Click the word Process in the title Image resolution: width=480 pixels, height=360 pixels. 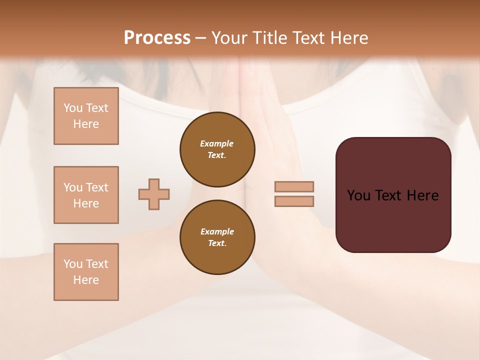tap(157, 37)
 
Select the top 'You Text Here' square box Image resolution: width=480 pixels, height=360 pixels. tap(86, 116)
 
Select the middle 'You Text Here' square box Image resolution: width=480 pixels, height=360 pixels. tap(86, 195)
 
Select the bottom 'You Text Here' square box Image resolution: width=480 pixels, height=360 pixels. tap(86, 272)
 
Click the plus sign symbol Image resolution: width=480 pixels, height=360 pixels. tap(154, 194)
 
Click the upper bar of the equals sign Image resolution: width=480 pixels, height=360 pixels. tap(294, 186)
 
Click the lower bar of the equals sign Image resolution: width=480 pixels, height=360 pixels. tap(294, 201)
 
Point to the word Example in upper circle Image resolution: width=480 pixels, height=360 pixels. tap(217, 143)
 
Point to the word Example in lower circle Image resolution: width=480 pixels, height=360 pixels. tap(217, 231)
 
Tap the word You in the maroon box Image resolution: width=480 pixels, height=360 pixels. tap(358, 195)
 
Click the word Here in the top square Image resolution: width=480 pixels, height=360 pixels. tap(86, 124)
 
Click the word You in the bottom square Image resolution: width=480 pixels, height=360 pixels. tap(73, 264)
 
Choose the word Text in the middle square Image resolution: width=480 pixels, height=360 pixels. tap(97, 187)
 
